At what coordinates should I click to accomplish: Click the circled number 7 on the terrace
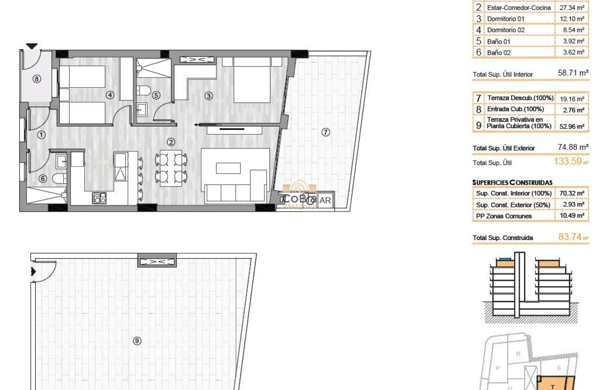[x=326, y=132]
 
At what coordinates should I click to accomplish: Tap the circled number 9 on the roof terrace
[x=137, y=341]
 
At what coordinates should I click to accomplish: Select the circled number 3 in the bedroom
[x=209, y=96]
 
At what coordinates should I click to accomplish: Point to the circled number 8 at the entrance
[x=37, y=79]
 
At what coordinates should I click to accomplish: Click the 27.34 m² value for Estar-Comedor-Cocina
[x=572, y=8]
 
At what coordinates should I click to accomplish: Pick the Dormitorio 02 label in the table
[x=506, y=30]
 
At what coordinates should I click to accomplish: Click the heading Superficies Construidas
[x=512, y=182]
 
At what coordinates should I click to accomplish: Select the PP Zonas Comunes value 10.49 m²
[x=572, y=216]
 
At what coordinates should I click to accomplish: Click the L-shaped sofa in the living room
[x=236, y=186]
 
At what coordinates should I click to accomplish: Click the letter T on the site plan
[x=553, y=386]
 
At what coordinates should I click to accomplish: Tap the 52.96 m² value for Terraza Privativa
[x=572, y=126]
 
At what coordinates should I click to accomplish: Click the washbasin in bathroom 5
[x=142, y=110]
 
